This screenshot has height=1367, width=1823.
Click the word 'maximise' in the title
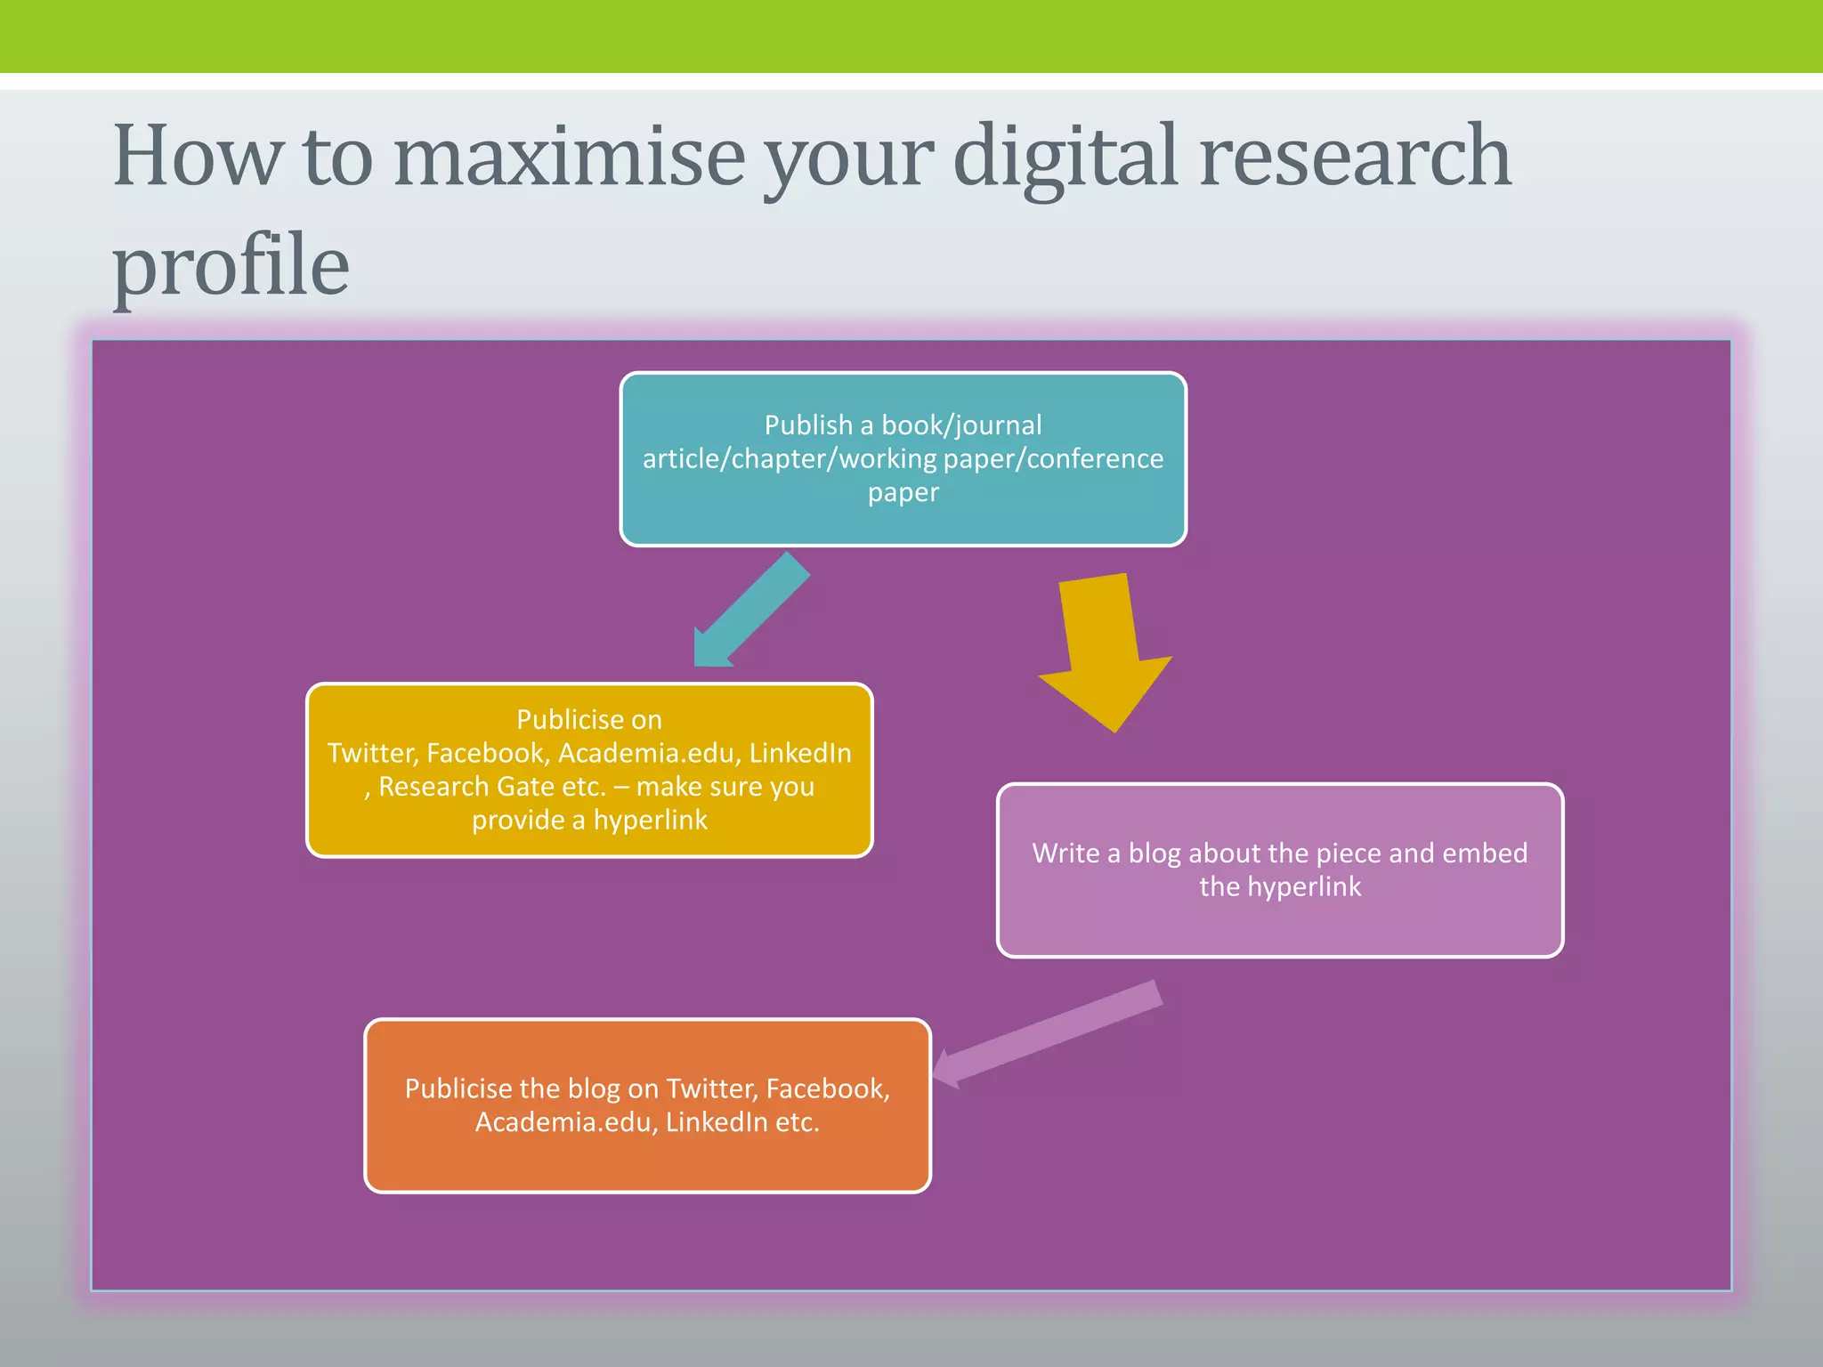569,157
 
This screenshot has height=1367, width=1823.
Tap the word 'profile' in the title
231,265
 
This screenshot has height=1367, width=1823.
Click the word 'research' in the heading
1355,157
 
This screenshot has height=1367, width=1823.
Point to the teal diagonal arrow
750,611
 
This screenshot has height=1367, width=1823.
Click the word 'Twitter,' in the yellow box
372,753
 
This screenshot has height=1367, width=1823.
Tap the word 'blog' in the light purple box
1155,853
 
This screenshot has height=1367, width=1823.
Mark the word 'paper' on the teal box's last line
903,492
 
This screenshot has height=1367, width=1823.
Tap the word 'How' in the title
196,157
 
